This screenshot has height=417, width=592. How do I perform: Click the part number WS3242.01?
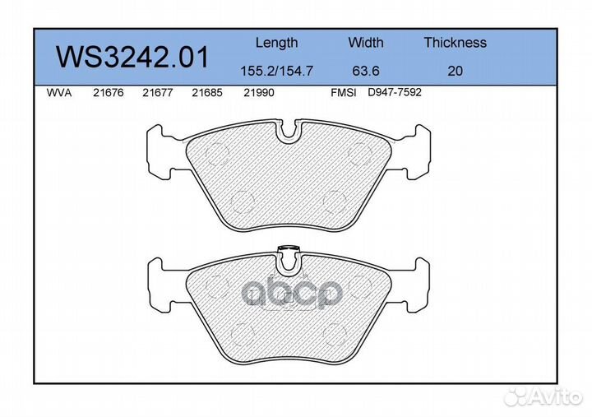click(x=132, y=58)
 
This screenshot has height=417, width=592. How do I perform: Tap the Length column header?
click(x=277, y=43)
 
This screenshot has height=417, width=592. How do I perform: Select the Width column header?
click(x=365, y=42)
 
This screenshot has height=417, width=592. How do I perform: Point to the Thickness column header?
click(x=455, y=42)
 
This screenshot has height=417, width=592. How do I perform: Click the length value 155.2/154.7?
click(x=277, y=71)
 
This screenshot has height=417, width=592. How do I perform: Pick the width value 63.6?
click(x=365, y=71)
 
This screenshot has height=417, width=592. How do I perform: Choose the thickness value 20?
click(x=455, y=71)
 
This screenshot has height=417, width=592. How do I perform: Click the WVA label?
click(x=59, y=93)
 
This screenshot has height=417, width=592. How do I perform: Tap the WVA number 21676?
click(x=109, y=93)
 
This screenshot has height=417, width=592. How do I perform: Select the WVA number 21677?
click(x=157, y=93)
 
